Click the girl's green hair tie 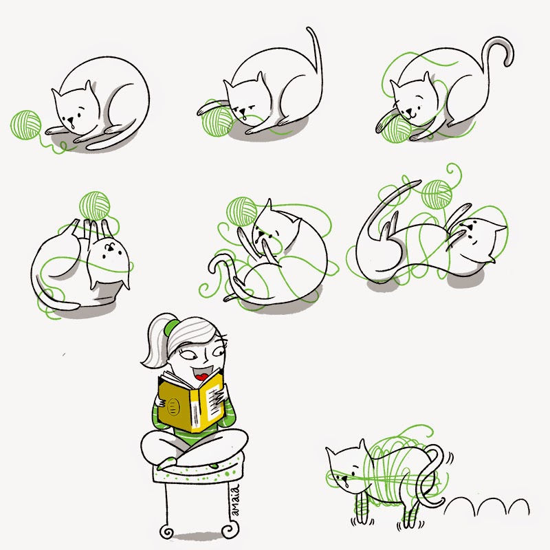coord(171,327)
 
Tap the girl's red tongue coord(201,377)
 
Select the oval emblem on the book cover coord(173,407)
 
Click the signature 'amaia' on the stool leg coord(235,500)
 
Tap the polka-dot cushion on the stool coord(197,470)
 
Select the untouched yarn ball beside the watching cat coord(26,125)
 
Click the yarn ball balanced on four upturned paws coord(94,206)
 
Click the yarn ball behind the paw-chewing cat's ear coord(242,212)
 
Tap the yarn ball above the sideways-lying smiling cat coord(437,194)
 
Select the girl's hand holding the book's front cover coord(161,402)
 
